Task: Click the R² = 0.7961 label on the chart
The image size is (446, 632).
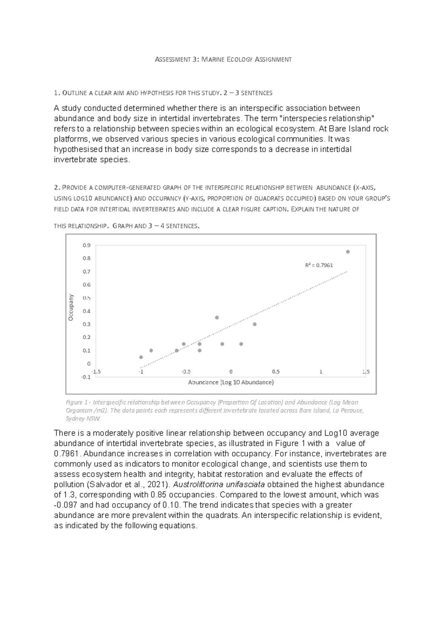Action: coord(319,265)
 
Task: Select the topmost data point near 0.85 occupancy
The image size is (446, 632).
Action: coord(348,252)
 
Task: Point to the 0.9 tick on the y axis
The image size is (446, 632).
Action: coord(87,245)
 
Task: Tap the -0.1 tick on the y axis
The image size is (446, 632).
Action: coord(86,377)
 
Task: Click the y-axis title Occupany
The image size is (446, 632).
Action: coord(71,307)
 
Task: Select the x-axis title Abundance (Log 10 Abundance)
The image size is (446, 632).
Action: coord(231,382)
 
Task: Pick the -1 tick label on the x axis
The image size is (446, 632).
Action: coord(140,371)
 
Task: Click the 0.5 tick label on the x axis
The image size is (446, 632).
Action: coord(276,371)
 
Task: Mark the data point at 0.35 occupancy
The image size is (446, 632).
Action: coord(217,317)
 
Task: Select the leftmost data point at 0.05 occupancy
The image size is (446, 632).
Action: coord(141,357)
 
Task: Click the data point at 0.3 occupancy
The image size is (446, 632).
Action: coord(255,324)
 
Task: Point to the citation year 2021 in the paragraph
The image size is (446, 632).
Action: coord(155,485)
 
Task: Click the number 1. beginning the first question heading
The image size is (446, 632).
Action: coord(56,93)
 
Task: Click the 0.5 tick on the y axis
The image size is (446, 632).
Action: coord(87,298)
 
